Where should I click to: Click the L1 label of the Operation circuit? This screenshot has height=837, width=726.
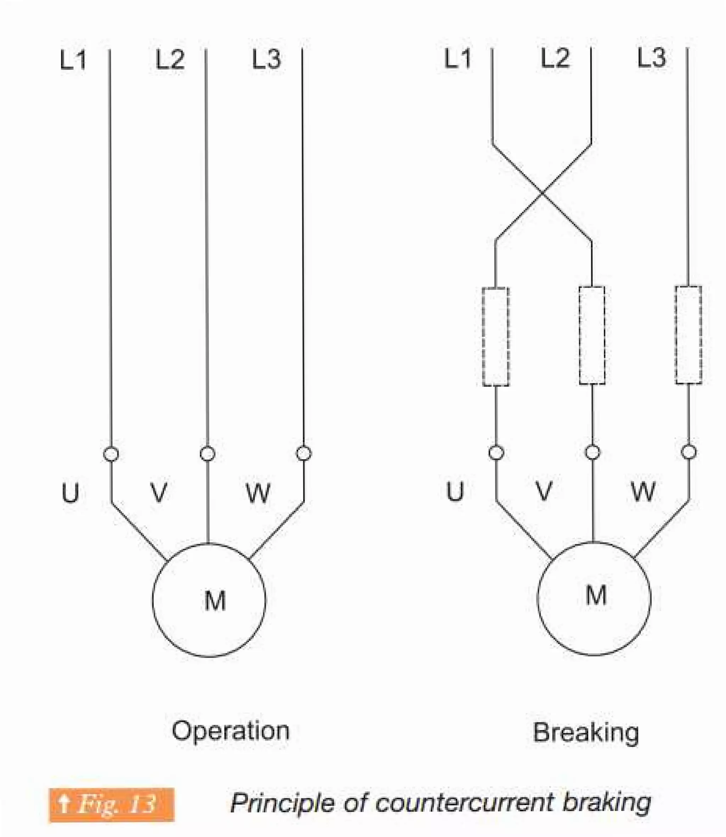tap(73, 60)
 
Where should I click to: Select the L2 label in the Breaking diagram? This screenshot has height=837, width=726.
tap(555, 57)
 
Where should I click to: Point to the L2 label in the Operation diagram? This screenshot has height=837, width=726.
tap(170, 60)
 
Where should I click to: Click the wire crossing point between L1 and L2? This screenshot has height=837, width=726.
tap(542, 193)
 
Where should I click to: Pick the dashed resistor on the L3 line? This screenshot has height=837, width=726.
tap(688, 335)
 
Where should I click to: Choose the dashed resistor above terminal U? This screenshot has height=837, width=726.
tap(496, 336)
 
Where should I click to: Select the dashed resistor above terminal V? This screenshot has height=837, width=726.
tap(592, 335)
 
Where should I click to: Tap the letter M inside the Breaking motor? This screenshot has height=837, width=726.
tap(596, 595)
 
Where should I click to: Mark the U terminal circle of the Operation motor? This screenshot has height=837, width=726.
tap(111, 454)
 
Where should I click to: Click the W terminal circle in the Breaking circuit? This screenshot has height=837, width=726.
tap(689, 452)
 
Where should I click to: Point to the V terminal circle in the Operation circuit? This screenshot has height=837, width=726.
tap(207, 453)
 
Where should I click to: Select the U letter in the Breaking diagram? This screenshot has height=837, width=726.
tap(454, 491)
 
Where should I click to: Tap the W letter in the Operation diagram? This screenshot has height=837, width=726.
tap(258, 493)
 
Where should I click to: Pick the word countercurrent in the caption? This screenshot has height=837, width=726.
tap(464, 803)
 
